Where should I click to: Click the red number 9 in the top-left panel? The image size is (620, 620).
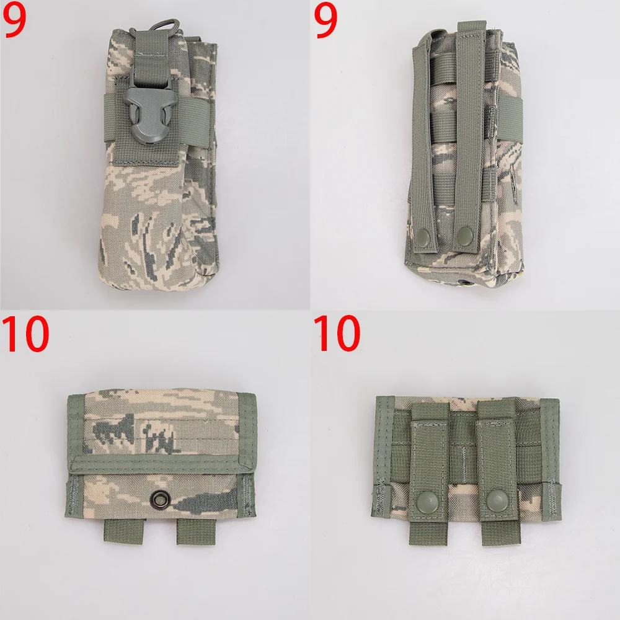pyautogui.click(x=15, y=20)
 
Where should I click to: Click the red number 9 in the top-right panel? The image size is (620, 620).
pyautogui.click(x=325, y=20)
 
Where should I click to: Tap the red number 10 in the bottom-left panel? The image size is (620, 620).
pyautogui.click(x=25, y=334)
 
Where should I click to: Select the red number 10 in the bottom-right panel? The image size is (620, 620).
pyautogui.click(x=337, y=334)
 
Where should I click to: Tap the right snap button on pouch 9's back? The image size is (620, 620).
pyautogui.click(x=464, y=235)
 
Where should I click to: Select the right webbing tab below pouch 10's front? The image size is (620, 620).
pyautogui.click(x=196, y=531)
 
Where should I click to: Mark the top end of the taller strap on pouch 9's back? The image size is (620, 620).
pyautogui.click(x=471, y=24)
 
